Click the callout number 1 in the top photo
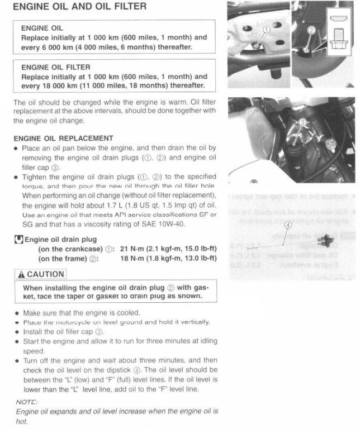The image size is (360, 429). click(267, 29)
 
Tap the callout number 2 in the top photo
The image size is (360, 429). click(311, 31)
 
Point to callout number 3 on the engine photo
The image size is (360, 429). click(303, 121)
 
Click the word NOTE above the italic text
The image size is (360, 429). click(27, 402)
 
